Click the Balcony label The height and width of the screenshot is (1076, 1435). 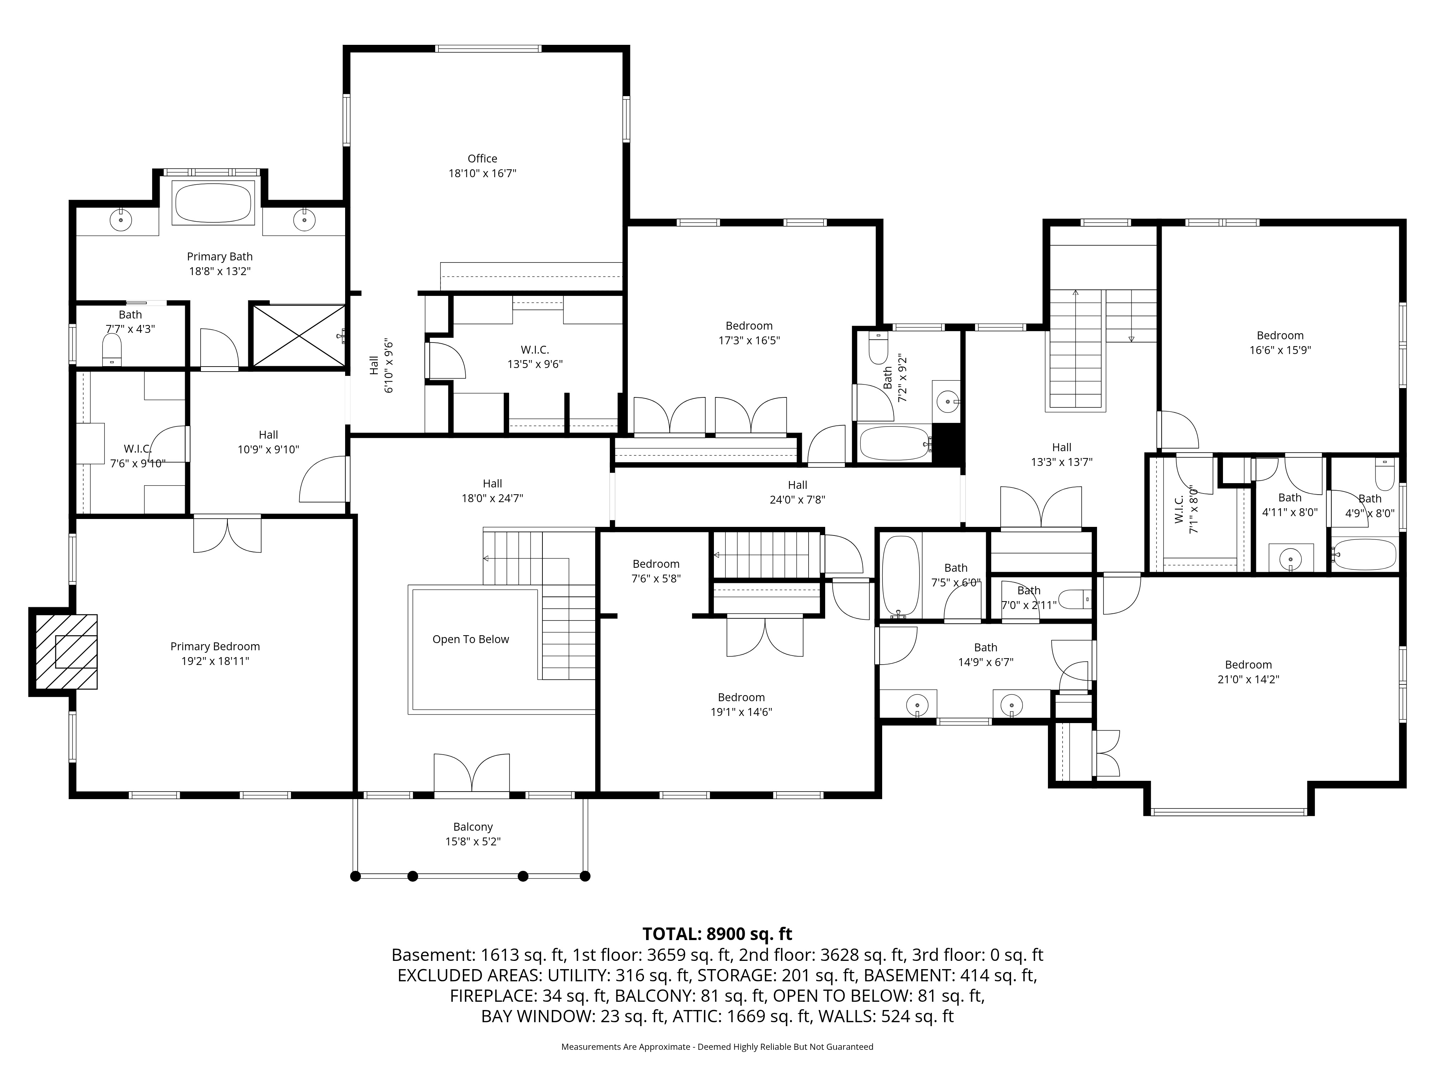[473, 827]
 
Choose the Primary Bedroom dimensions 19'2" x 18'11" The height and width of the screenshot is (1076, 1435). [215, 661]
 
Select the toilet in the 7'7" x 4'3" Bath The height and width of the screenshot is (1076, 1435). [112, 350]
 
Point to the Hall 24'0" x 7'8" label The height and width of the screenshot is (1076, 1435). [797, 492]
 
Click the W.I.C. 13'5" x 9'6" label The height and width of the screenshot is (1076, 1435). [535, 357]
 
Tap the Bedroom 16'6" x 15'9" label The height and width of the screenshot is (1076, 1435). [1280, 343]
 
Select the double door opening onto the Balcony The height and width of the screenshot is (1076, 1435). [472, 774]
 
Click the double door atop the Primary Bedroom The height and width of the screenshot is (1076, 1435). [228, 534]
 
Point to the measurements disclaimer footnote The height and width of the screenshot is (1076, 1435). [717, 1047]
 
